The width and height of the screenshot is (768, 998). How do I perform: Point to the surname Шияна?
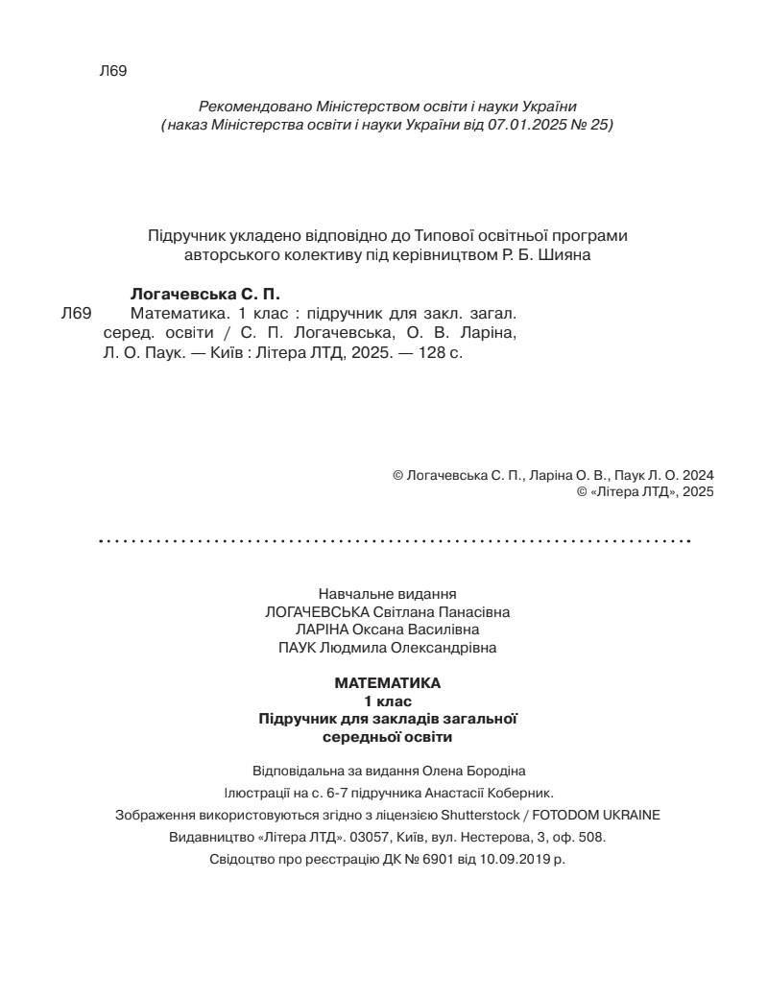561,255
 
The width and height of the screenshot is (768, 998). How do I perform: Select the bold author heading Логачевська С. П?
204,294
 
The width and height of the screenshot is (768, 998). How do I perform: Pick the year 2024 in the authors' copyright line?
698,475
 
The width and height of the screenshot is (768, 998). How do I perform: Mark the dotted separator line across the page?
395,541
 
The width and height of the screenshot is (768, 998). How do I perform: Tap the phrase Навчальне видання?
387,594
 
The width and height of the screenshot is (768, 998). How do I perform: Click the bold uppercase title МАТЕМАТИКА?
388,683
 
